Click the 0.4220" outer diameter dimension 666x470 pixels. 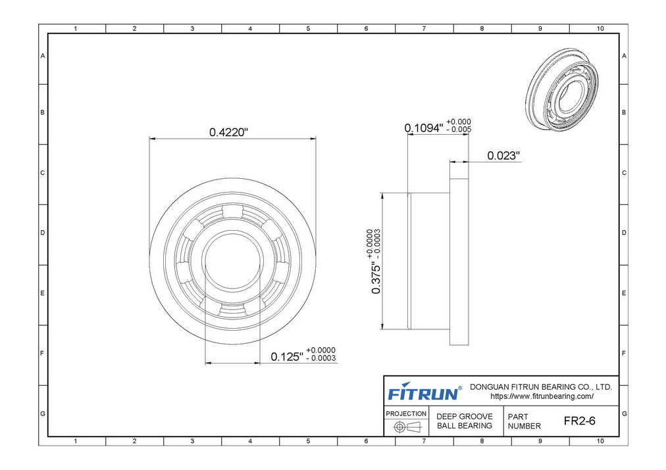[x=228, y=132]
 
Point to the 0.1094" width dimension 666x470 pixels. [x=423, y=128]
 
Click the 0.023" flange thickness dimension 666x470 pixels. [x=503, y=156]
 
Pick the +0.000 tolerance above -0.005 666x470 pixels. [x=459, y=122]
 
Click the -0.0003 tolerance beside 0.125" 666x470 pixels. [x=321, y=358]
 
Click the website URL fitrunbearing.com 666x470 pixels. [x=542, y=396]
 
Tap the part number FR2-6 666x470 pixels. [x=580, y=421]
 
